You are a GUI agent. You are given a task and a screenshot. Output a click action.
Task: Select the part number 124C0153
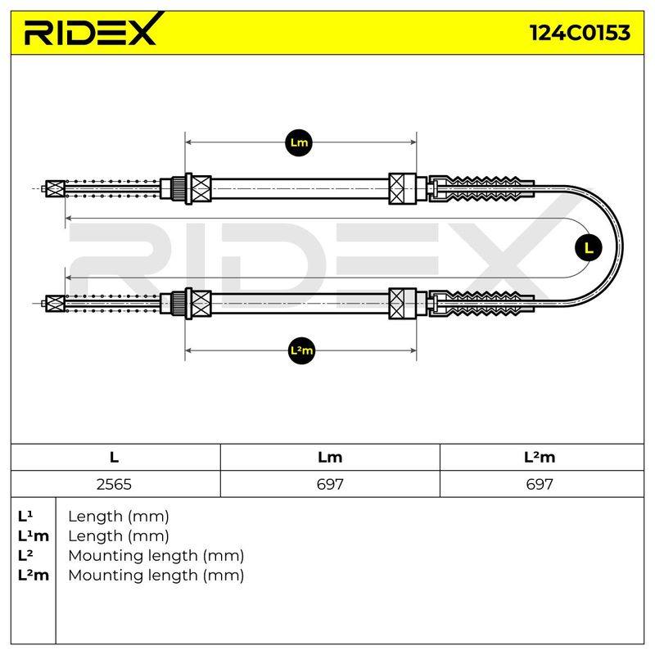(580, 33)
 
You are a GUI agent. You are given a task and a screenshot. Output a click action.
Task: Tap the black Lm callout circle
(299, 142)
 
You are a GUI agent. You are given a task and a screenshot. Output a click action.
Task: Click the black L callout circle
(589, 248)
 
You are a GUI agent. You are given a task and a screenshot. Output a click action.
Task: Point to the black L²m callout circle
(301, 350)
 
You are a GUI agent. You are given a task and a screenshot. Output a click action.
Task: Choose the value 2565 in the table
(114, 484)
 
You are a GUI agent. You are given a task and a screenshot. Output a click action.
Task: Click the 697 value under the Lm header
(330, 484)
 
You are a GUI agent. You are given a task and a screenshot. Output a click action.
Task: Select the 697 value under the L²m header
(540, 484)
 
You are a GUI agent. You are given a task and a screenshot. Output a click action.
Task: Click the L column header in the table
(114, 457)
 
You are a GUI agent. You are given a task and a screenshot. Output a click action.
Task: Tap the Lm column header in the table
(330, 457)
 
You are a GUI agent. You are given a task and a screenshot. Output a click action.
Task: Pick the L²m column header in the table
(540, 457)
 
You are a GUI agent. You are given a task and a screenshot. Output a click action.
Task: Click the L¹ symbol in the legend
(25, 517)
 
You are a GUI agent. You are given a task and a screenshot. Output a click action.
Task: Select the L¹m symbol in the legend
(34, 536)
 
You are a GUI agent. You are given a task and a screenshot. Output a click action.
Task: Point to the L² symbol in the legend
(25, 556)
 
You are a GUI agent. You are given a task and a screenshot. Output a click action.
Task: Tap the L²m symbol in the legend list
(34, 576)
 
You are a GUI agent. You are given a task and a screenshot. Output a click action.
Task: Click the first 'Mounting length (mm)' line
(156, 556)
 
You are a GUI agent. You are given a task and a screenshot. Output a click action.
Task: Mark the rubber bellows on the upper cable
(481, 188)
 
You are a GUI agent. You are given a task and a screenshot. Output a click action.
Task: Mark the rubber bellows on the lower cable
(481, 304)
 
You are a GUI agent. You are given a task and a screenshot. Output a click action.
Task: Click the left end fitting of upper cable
(55, 189)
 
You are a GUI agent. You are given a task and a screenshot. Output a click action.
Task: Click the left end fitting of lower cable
(55, 304)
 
